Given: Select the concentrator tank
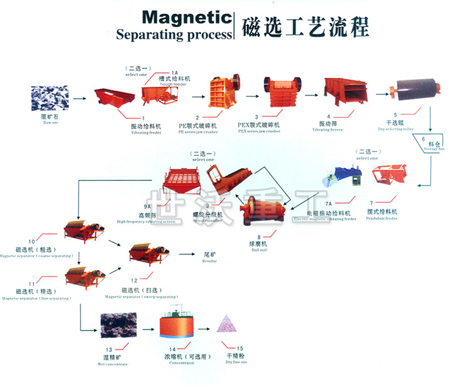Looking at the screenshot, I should pos(179,329).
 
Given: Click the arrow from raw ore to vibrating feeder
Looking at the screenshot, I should pos(79,99).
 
